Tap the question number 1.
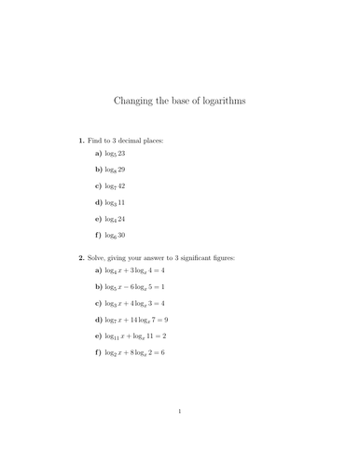pos(82,140)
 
